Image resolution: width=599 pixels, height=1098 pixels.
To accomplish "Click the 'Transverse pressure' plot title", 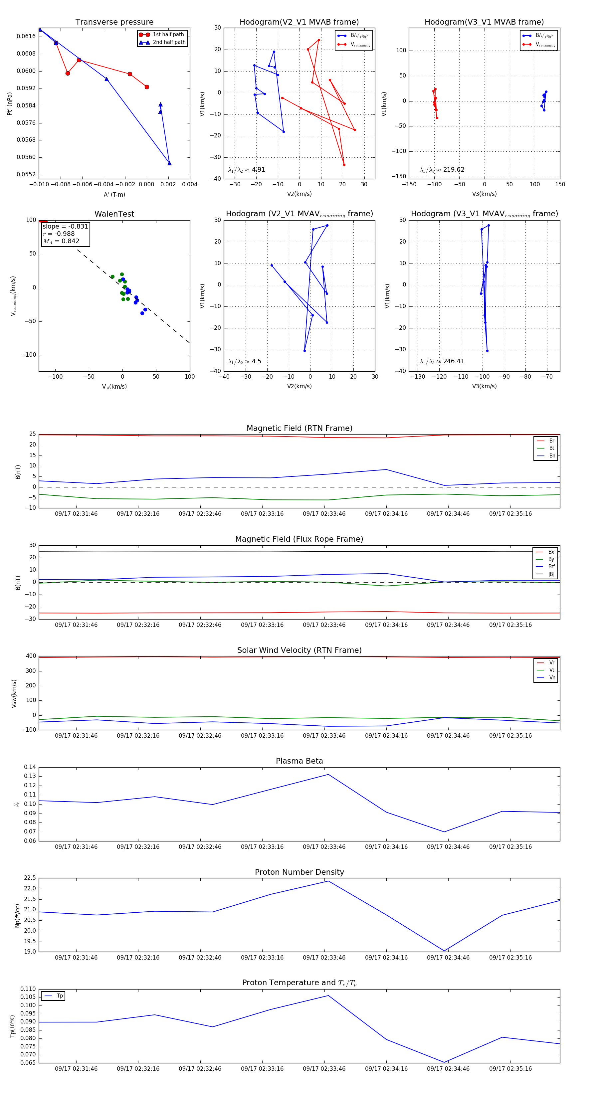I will click(x=114, y=22).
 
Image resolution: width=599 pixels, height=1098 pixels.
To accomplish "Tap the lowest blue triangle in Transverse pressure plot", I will click(x=169, y=163).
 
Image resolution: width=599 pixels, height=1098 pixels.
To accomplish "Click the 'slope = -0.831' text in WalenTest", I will click(x=65, y=226).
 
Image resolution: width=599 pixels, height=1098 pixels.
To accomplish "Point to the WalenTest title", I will click(x=114, y=214).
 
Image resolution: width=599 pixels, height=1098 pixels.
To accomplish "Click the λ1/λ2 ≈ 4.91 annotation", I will click(x=246, y=170).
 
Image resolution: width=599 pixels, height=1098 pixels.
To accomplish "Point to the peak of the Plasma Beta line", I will click(x=328, y=775).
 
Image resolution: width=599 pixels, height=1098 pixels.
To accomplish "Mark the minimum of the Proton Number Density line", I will click(x=444, y=951).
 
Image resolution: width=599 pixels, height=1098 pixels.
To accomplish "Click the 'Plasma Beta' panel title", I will click(x=299, y=761).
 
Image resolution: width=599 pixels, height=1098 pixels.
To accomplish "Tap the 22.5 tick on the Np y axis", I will click(x=30, y=878).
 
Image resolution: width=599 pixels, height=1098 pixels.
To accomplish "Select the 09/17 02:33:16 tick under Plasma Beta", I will click(x=262, y=847).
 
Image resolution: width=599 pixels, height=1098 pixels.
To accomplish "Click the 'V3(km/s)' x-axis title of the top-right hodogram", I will click(x=484, y=194).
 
